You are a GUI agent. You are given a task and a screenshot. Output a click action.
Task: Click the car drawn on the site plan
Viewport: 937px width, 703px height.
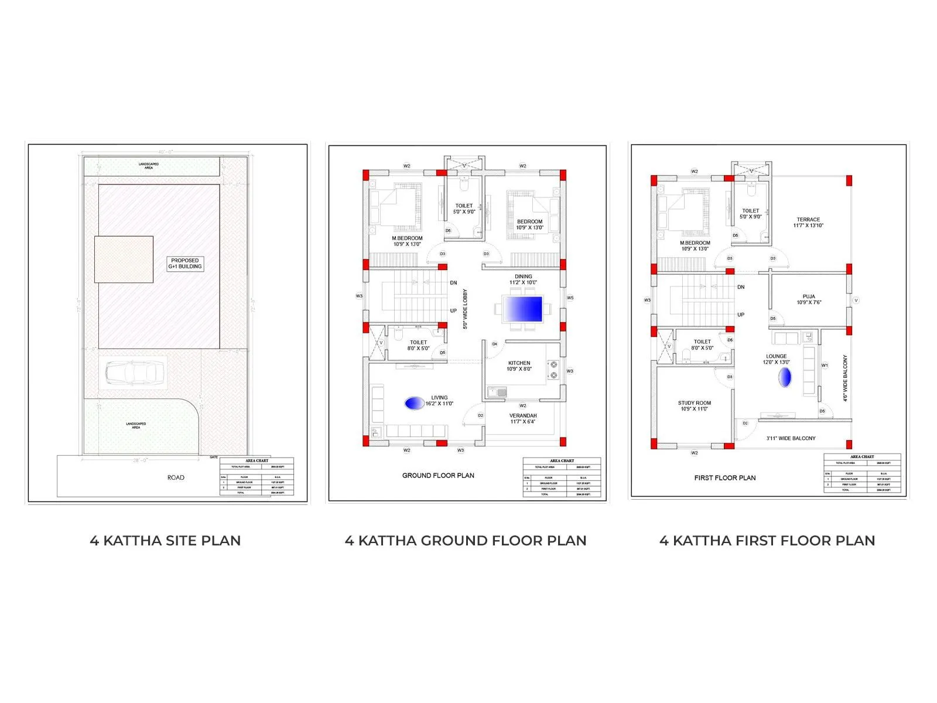pyautogui.click(x=134, y=372)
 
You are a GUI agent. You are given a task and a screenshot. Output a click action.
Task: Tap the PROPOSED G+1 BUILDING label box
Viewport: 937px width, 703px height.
pyautogui.click(x=185, y=264)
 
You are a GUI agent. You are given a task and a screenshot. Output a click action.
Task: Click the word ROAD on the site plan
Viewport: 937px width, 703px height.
pyautogui.click(x=176, y=477)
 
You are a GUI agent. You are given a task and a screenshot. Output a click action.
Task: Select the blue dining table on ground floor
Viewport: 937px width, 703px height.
pyautogui.click(x=523, y=309)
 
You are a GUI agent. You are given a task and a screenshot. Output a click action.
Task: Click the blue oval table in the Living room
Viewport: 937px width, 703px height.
pyautogui.click(x=414, y=403)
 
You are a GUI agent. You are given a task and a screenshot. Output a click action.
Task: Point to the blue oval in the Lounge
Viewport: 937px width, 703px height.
pyautogui.click(x=785, y=377)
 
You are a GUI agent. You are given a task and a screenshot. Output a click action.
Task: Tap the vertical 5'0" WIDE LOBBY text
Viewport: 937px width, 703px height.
pyautogui.click(x=466, y=309)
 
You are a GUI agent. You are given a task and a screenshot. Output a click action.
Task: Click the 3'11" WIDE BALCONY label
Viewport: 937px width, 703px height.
pyautogui.click(x=791, y=438)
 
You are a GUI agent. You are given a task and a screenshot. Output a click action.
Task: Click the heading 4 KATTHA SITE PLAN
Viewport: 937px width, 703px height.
pyautogui.click(x=165, y=541)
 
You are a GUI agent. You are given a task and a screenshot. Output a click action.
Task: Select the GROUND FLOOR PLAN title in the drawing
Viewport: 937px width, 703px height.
pyautogui.click(x=438, y=475)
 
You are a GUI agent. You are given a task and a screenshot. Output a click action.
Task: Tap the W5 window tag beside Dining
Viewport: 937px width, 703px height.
pyautogui.click(x=570, y=298)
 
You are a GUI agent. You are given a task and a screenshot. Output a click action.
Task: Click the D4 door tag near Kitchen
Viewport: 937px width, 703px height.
pyautogui.click(x=494, y=344)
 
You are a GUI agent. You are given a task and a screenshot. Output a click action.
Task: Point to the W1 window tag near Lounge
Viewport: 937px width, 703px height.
pyautogui.click(x=825, y=366)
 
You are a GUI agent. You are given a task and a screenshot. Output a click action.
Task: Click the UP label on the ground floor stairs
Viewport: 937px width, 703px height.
pyautogui.click(x=453, y=310)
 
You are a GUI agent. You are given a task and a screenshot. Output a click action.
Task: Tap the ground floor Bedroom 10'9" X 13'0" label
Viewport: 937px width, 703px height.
pyautogui.click(x=529, y=224)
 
